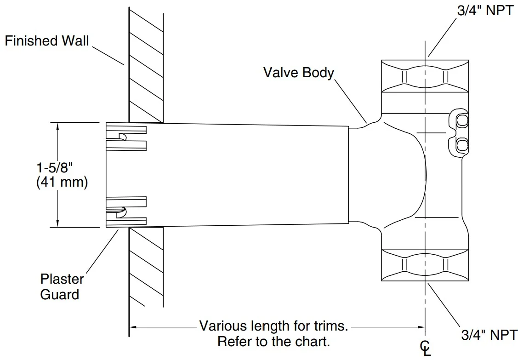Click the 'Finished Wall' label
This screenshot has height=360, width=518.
(47, 40)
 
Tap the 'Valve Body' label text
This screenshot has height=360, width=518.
(299, 73)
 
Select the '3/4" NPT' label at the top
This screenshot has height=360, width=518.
(485, 10)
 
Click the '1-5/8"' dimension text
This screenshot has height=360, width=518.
(54, 168)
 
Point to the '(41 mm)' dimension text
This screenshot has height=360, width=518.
(62, 182)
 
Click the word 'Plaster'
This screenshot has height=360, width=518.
(62, 279)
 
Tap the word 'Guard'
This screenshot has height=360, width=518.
(60, 294)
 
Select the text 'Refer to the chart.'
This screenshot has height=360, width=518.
(273, 341)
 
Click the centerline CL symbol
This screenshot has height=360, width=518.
(425, 348)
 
